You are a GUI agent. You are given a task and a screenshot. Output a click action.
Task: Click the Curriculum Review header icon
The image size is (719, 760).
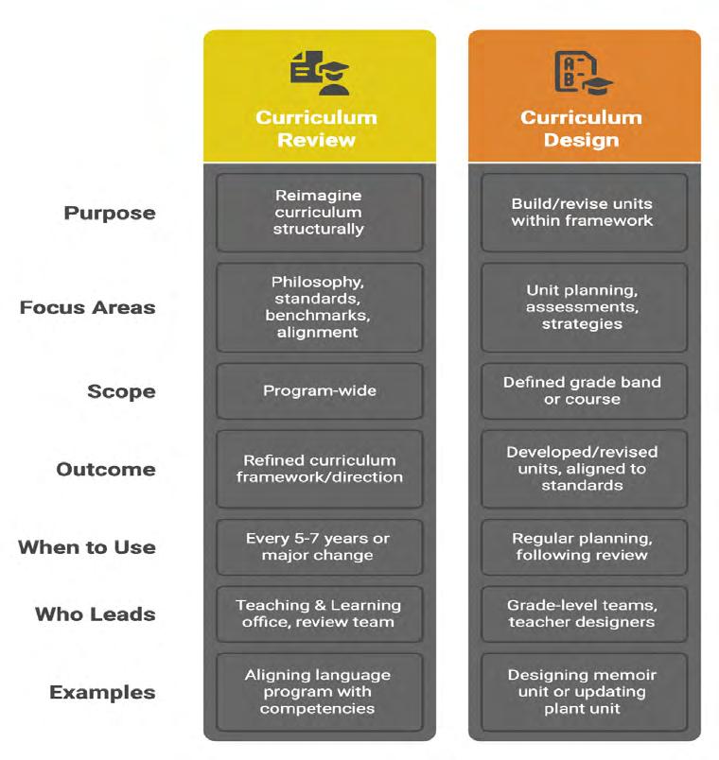pos(319,74)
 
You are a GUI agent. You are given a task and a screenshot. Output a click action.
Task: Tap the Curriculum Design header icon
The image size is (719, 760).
pos(582,74)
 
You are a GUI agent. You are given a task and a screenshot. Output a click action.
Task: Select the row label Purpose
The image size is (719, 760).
pos(110,213)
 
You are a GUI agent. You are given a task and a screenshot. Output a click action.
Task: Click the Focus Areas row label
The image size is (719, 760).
pos(88,307)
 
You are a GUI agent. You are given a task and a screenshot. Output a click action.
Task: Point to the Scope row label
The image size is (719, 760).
pos(123,390)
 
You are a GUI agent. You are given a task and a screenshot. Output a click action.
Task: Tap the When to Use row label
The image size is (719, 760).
pos(86,547)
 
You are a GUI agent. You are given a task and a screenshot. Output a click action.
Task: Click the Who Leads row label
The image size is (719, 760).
pos(95,613)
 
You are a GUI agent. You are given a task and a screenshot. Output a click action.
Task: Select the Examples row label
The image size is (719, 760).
pos(102,692)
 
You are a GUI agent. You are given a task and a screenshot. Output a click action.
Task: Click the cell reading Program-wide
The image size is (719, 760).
pos(319,391)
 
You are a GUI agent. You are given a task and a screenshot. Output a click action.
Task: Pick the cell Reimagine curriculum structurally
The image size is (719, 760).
pos(319,213)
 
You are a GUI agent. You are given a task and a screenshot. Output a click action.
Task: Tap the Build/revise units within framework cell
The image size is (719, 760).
pos(583,213)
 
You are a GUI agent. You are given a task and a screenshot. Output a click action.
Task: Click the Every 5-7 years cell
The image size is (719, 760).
pos(319,547)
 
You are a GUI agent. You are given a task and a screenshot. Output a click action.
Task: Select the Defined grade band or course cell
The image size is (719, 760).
pos(583,391)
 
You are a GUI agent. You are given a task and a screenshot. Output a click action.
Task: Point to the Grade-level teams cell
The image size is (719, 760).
pos(583,613)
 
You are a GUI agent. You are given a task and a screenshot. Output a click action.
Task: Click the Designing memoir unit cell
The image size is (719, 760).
pos(583,692)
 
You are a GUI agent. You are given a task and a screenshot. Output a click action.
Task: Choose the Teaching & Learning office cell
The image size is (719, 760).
pos(319,613)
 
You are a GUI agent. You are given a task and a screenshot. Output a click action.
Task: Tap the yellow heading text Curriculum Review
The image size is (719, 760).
pos(317,129)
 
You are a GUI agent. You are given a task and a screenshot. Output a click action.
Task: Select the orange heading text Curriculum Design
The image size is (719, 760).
pos(582,129)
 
